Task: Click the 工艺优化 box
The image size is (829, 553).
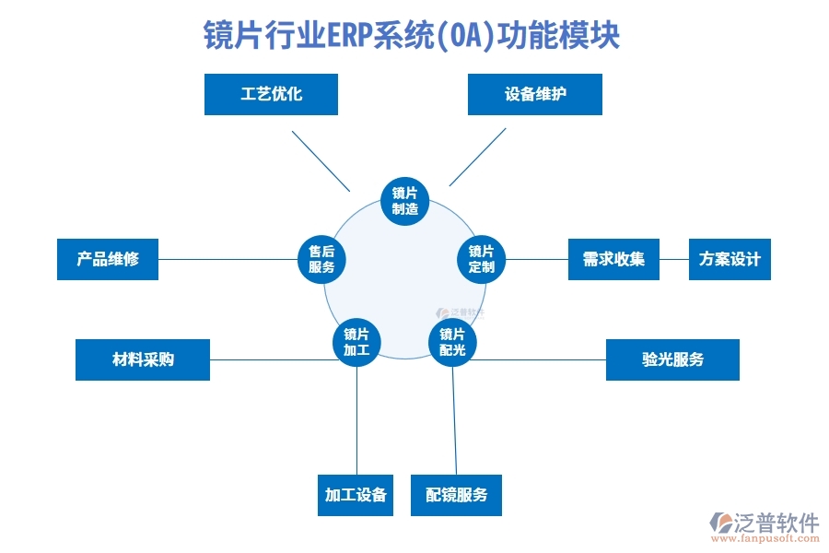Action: pos(271,94)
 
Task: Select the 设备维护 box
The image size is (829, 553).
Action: pos(534,94)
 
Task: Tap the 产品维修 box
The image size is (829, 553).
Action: pos(107,259)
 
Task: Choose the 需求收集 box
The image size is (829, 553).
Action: pos(613,259)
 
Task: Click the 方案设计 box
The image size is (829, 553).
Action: pos(730,259)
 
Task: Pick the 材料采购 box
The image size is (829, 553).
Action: pos(142,359)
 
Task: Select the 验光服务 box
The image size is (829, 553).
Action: pos(672,359)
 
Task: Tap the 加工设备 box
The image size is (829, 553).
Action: pos(356,496)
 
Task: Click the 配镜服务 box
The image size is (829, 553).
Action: pos(456,496)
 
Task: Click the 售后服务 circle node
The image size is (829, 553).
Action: pos(321,259)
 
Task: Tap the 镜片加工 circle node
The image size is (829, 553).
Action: pos(356,342)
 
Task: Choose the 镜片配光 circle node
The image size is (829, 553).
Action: pos(452,342)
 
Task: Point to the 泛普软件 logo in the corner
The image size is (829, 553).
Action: pos(764,526)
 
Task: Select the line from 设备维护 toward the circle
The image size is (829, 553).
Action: pos(477,157)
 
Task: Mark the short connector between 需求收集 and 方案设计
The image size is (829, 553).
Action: pos(674,259)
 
